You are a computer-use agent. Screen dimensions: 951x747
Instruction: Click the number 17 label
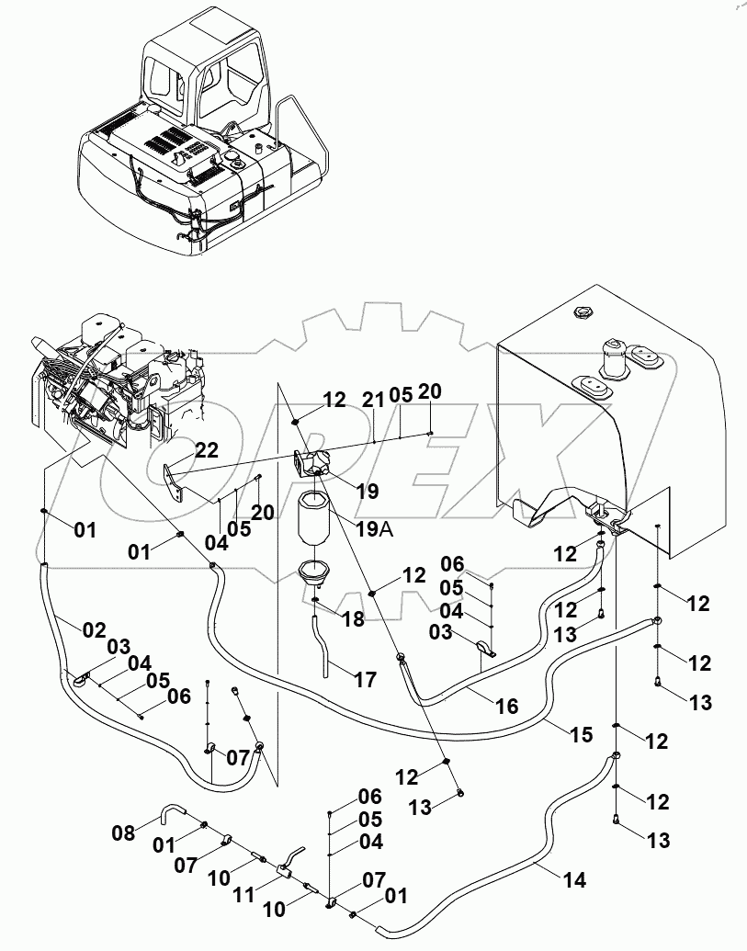(x=365, y=680)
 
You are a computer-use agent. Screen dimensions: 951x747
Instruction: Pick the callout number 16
(x=506, y=706)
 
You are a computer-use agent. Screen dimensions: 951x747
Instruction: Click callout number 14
(x=574, y=879)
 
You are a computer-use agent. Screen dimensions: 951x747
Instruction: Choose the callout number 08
(x=124, y=833)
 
